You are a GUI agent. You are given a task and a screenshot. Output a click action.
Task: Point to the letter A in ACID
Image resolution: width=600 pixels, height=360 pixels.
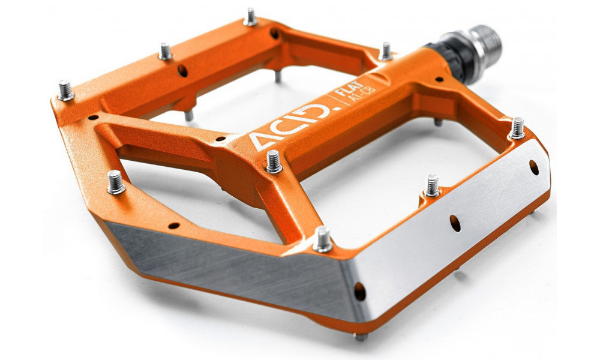(x=262, y=142)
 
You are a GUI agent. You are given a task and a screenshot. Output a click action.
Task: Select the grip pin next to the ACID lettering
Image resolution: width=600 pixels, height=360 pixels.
(x=274, y=161)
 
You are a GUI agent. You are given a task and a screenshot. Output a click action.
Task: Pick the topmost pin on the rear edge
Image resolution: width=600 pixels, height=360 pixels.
(x=250, y=16)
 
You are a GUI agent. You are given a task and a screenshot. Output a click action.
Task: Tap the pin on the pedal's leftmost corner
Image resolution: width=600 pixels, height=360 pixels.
(x=65, y=90)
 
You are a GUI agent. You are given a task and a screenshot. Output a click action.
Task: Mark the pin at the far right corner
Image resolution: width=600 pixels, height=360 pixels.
(x=517, y=128)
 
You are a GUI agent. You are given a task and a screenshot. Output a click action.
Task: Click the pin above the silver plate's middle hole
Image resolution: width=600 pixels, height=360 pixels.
(x=432, y=185)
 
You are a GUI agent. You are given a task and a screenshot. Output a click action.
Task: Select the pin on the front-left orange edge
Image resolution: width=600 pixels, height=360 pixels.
(x=115, y=182)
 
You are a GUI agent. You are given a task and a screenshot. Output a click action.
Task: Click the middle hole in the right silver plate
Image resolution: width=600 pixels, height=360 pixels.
(x=455, y=223)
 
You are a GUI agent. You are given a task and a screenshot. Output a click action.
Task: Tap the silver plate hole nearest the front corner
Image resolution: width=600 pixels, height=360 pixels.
(x=360, y=292)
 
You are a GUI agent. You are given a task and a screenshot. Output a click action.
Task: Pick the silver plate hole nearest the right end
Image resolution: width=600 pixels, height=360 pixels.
(x=533, y=167)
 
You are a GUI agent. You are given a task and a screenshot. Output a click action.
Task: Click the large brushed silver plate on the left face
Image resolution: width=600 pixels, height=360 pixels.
(x=228, y=264)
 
